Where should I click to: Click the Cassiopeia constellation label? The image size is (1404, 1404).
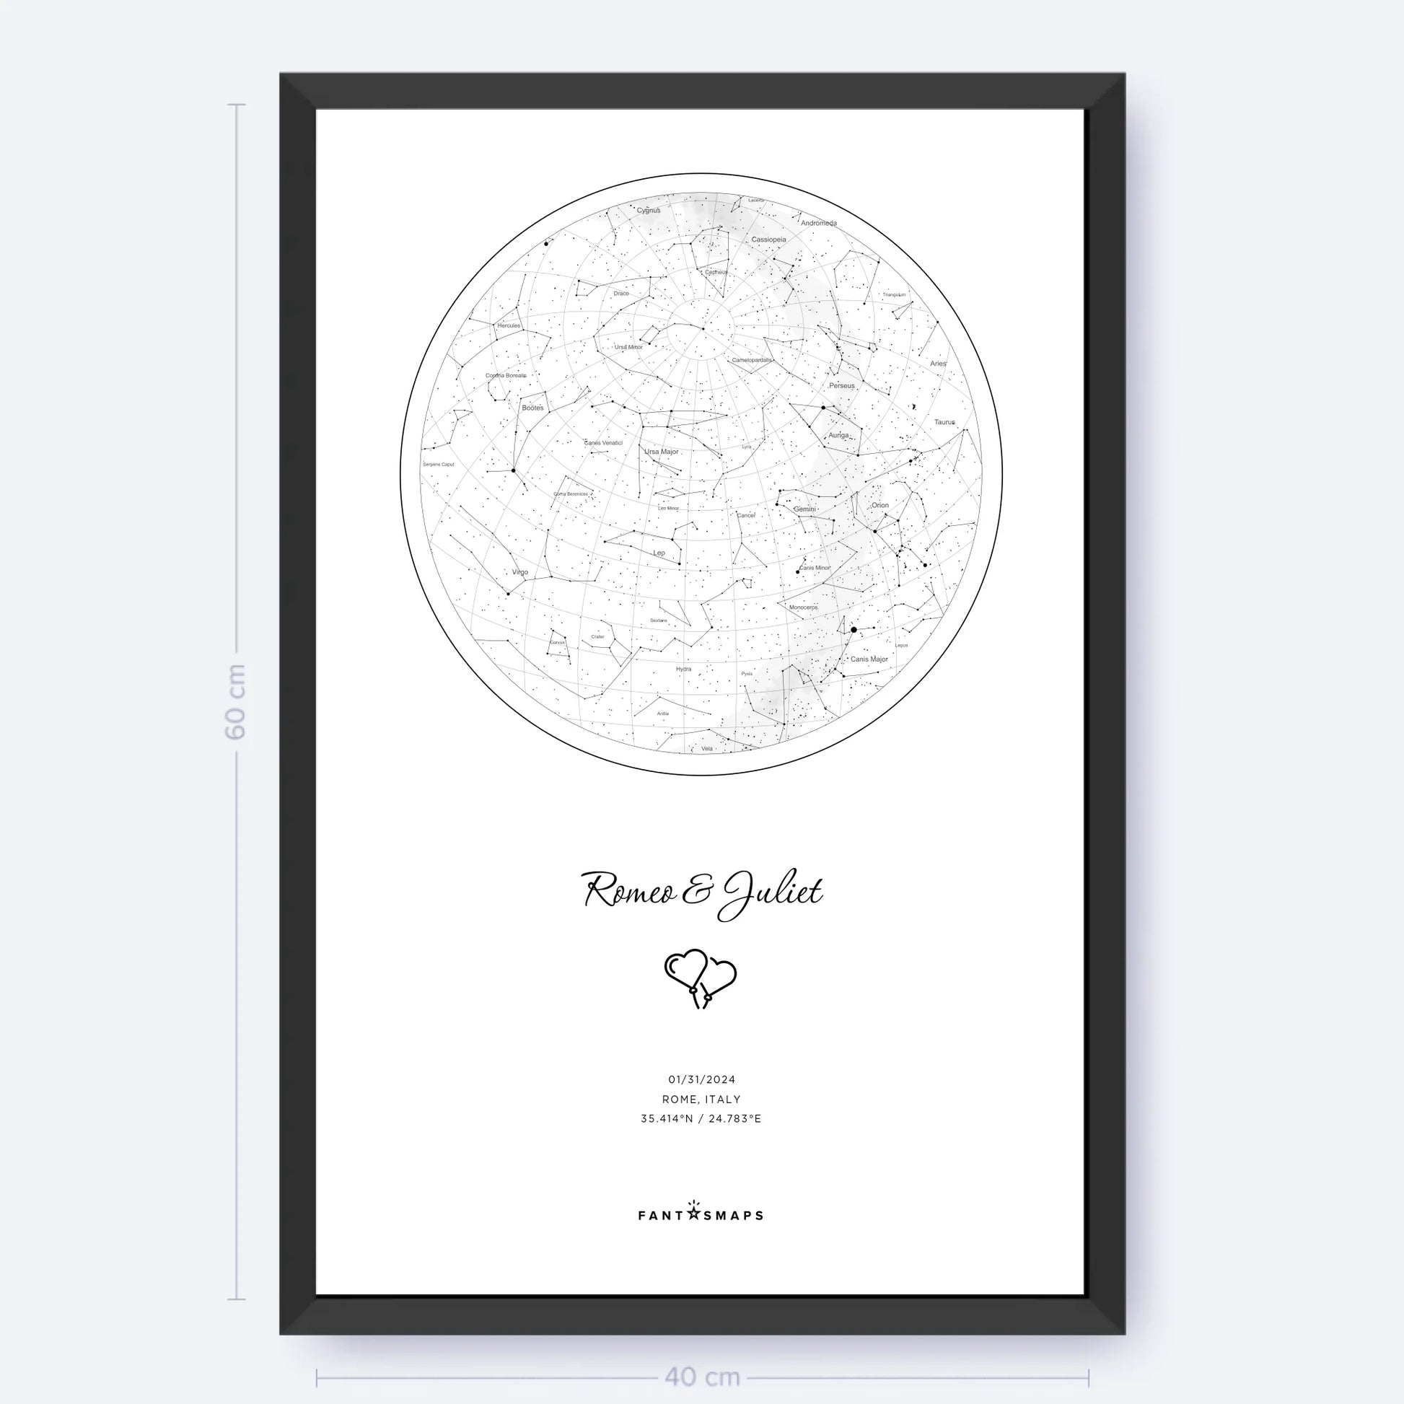pyautogui.click(x=768, y=239)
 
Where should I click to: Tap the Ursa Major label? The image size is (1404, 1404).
pyautogui.click(x=662, y=452)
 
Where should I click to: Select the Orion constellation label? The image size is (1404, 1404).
pyautogui.click(x=880, y=505)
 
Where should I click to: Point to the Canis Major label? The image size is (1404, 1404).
pyautogui.click(x=869, y=659)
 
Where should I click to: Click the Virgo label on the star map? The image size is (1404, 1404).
pyautogui.click(x=519, y=572)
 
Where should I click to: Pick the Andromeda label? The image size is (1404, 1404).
pyautogui.click(x=819, y=223)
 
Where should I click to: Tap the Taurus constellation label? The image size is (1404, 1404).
pyautogui.click(x=944, y=421)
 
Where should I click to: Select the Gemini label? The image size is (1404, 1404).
pyautogui.click(x=804, y=509)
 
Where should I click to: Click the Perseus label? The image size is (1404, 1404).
pyautogui.click(x=841, y=385)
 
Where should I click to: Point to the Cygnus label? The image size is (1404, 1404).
pyautogui.click(x=649, y=211)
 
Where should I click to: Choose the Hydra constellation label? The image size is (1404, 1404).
pyautogui.click(x=684, y=669)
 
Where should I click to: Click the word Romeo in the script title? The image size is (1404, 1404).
pyautogui.click(x=629, y=891)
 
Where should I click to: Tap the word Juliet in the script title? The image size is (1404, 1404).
pyautogui.click(x=772, y=892)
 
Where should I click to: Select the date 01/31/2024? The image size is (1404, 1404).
pyautogui.click(x=701, y=1080)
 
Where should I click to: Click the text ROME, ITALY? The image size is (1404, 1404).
pyautogui.click(x=701, y=1100)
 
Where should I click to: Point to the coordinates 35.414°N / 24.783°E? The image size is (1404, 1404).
pyautogui.click(x=701, y=1118)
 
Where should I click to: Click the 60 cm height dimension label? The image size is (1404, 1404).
pyautogui.click(x=235, y=701)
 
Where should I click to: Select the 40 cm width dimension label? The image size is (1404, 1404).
pyautogui.click(x=702, y=1377)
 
